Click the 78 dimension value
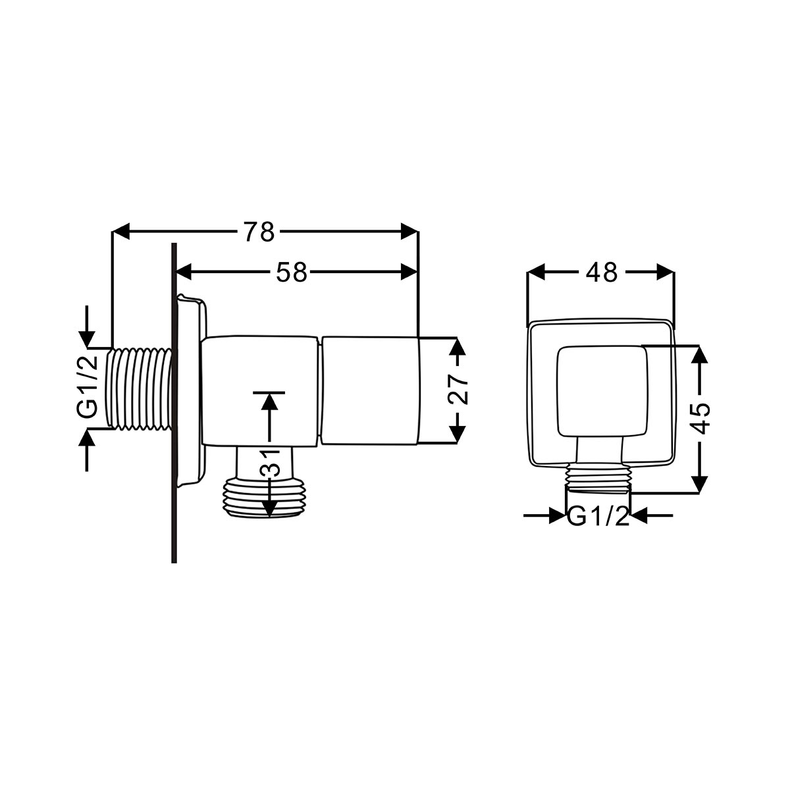[x=259, y=232]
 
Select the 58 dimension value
[x=291, y=272]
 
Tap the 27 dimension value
[x=458, y=390]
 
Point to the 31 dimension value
[x=271, y=463]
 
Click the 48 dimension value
[x=602, y=272]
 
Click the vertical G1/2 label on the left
[x=88, y=387]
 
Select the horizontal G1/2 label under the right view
[x=598, y=517]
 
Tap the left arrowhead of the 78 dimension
[x=121, y=232]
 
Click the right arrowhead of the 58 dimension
[x=409, y=272]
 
